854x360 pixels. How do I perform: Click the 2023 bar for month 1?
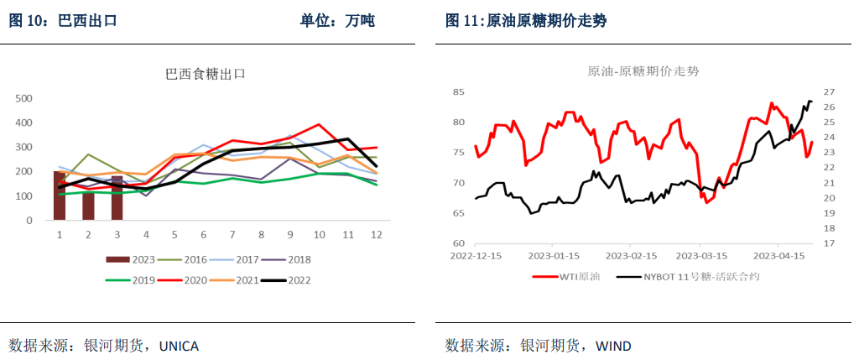[60, 196]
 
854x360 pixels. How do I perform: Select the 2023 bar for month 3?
[117, 198]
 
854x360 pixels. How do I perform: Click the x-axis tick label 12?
[377, 234]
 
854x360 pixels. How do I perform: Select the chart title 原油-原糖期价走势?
[643, 72]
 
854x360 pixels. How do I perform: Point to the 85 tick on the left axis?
[459, 91]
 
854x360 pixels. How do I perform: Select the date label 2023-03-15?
[702, 254]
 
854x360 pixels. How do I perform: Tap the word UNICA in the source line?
[179, 346]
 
